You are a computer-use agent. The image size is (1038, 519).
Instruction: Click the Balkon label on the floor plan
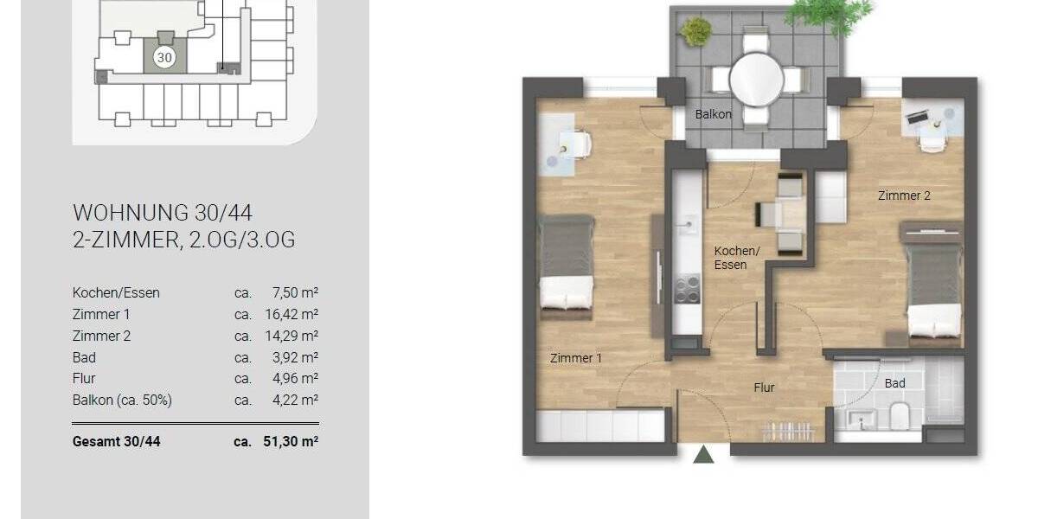click(x=714, y=114)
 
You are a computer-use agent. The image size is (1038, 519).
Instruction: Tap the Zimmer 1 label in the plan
click(x=576, y=358)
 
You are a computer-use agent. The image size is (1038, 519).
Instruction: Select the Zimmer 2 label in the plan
click(x=904, y=195)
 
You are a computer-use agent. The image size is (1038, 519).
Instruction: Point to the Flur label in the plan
click(x=764, y=388)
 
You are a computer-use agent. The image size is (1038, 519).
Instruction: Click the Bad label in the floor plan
click(x=894, y=382)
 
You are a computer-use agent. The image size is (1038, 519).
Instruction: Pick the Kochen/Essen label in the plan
click(x=736, y=258)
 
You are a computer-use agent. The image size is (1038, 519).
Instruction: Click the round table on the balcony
click(x=756, y=80)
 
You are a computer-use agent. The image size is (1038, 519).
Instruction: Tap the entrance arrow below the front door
click(x=704, y=455)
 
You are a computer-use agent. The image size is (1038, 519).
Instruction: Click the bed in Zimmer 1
click(x=567, y=263)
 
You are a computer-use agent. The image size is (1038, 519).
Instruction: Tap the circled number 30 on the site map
click(x=164, y=57)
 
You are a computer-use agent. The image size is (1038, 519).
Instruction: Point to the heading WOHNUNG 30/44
click(x=163, y=213)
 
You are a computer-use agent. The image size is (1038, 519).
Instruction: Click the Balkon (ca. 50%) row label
click(x=122, y=400)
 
